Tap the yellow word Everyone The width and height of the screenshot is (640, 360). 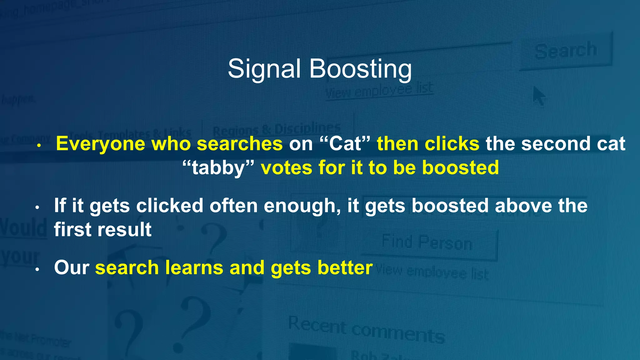click(100, 144)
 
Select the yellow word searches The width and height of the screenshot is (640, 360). click(240, 144)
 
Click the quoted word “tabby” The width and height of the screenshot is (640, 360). click(218, 168)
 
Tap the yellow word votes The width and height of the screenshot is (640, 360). click(287, 168)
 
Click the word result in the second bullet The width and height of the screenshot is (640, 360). click(128, 230)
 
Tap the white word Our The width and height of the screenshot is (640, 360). click(72, 268)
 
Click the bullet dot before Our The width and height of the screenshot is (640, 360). click(37, 270)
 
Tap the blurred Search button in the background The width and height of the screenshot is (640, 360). click(565, 51)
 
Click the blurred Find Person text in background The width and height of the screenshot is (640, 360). click(427, 243)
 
